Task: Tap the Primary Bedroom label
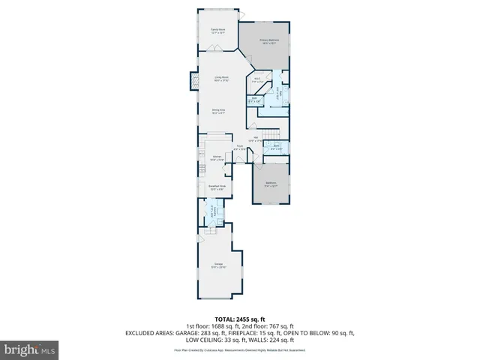pyautogui.click(x=269, y=42)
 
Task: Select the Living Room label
pyautogui.click(x=221, y=78)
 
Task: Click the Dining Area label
pyautogui.click(x=217, y=112)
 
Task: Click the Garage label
pyautogui.click(x=219, y=265)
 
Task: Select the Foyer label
pyautogui.click(x=238, y=148)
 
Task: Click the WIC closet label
pyautogui.click(x=256, y=79)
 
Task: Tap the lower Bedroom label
pyautogui.click(x=271, y=183)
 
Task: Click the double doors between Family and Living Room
pyautogui.click(x=216, y=49)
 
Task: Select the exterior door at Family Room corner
pyautogui.click(x=241, y=15)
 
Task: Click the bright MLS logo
pyautogui.click(x=30, y=349)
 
